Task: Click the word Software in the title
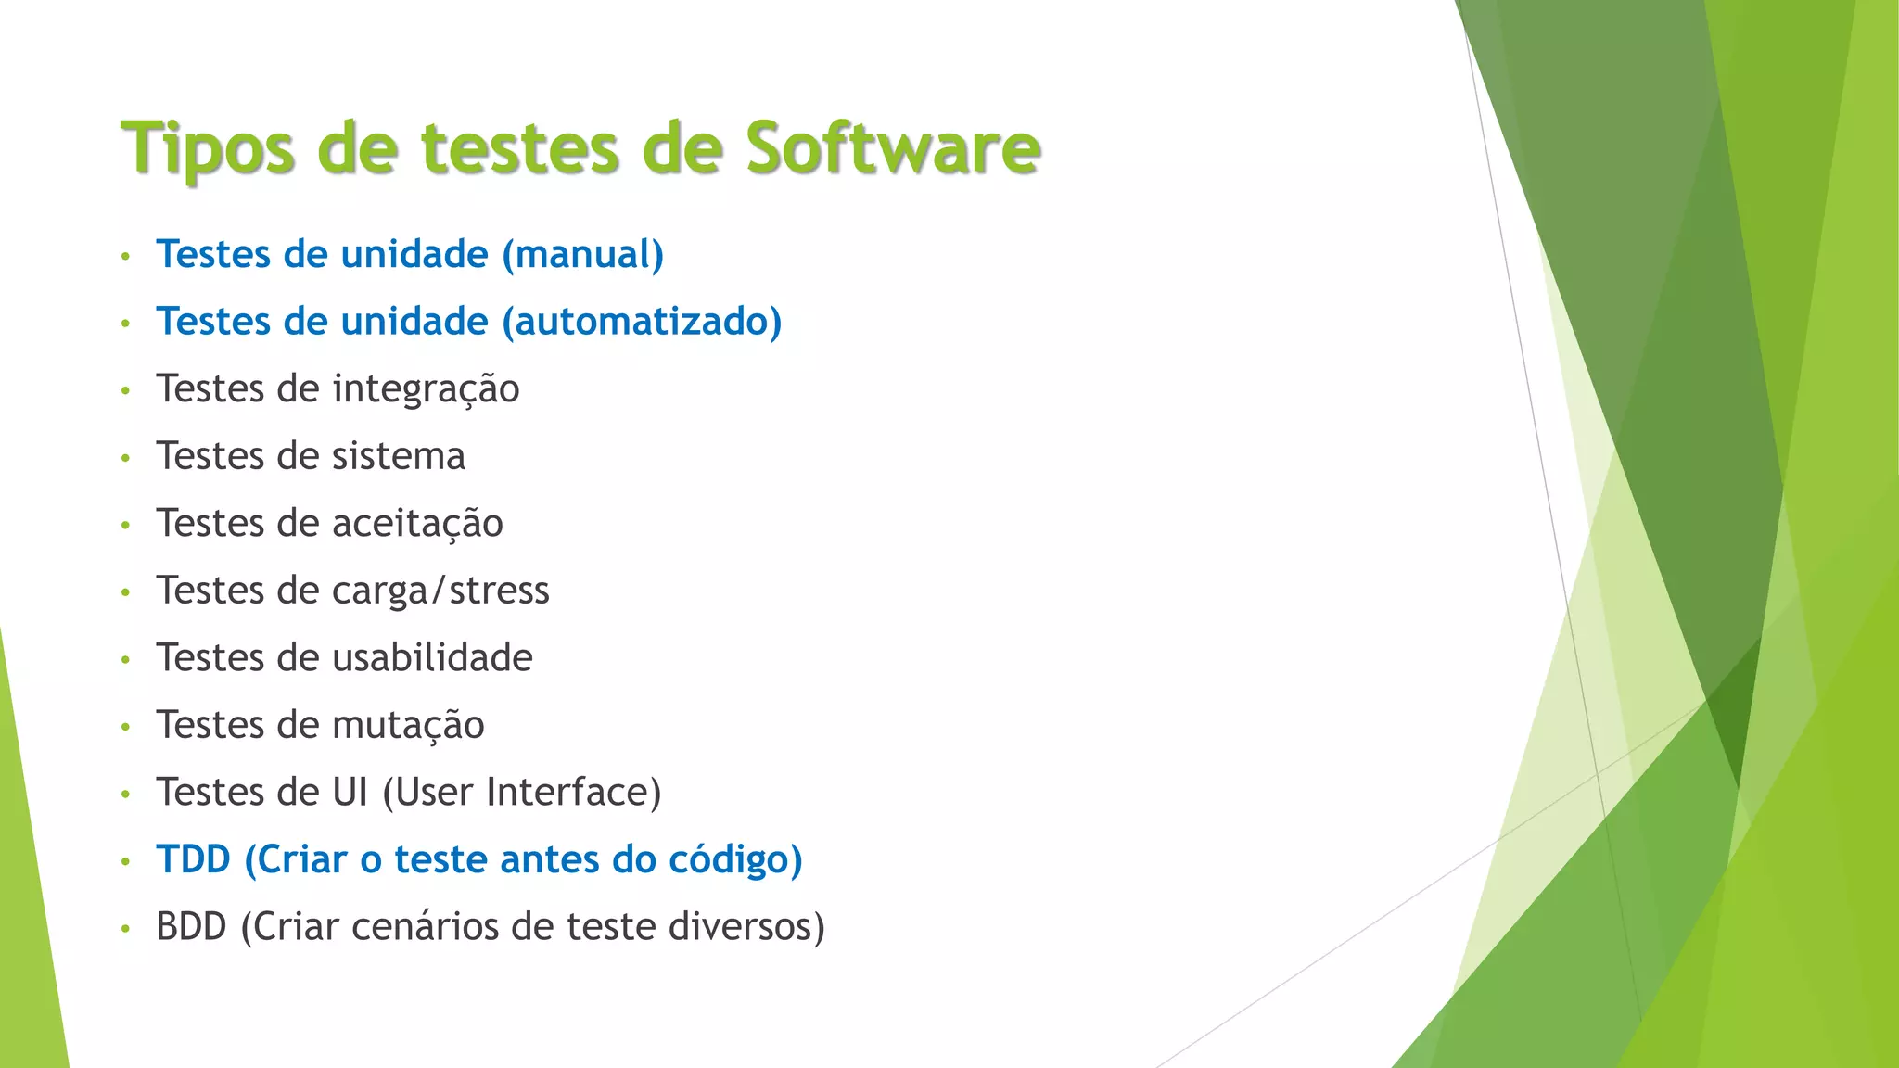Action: click(x=893, y=148)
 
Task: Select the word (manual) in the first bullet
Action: click(x=582, y=255)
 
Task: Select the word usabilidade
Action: click(x=432, y=658)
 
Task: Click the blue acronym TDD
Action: click(x=193, y=859)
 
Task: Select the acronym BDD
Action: click(x=191, y=927)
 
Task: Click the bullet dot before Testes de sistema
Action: click(x=125, y=458)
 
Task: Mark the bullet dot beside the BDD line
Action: click(x=125, y=928)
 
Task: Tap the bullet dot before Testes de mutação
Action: click(x=125, y=727)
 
